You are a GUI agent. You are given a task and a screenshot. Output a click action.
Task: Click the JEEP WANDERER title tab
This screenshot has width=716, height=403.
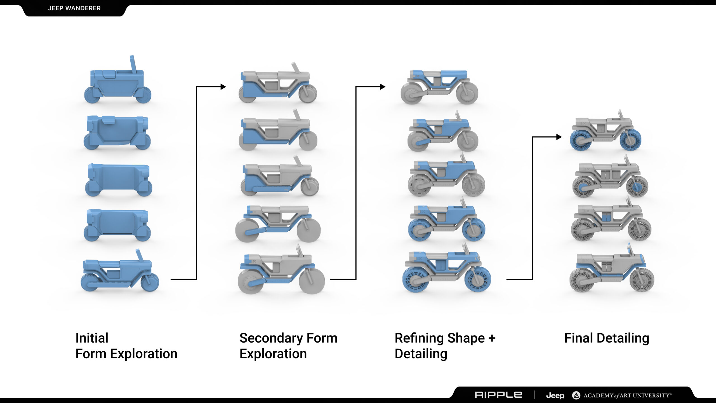74,8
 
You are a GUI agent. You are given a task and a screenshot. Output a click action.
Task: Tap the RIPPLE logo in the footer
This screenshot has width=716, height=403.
498,395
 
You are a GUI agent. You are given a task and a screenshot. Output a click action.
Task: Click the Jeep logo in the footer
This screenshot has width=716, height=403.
555,395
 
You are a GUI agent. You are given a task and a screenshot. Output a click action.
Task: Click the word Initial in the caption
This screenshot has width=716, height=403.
92,338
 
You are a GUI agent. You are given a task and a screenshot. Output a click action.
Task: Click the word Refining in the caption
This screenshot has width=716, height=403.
419,338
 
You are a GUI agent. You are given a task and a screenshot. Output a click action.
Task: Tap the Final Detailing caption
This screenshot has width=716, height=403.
606,338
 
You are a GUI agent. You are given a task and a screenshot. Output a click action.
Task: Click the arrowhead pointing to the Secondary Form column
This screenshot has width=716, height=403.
223,87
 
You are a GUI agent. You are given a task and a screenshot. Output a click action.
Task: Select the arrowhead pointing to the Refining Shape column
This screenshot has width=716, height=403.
383,87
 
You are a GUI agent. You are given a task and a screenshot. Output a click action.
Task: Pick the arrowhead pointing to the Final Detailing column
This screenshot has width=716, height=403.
559,137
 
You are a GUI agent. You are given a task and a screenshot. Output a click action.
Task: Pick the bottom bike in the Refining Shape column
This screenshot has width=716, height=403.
446,270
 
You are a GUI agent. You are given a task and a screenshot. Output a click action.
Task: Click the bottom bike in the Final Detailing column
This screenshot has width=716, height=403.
612,270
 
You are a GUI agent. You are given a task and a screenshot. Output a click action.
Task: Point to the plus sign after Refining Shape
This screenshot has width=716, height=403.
492,338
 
